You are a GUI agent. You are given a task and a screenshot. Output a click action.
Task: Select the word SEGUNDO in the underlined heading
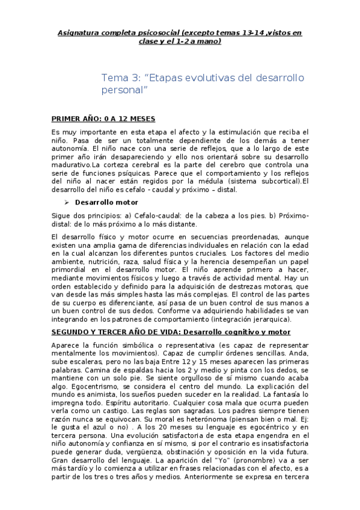coord(70,331)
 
